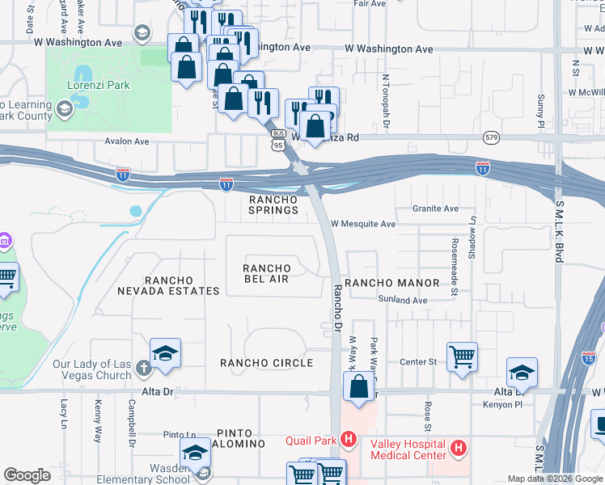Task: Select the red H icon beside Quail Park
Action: [x=349, y=441]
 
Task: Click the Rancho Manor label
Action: [x=391, y=283]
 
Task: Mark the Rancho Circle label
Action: [x=266, y=363]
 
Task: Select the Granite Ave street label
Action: [x=435, y=209]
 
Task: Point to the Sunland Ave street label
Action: [x=403, y=300]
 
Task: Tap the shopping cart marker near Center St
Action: [x=462, y=355]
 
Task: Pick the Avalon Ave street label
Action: [x=127, y=141]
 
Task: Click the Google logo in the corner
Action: [x=27, y=475]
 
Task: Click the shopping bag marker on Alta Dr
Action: [x=358, y=386]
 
